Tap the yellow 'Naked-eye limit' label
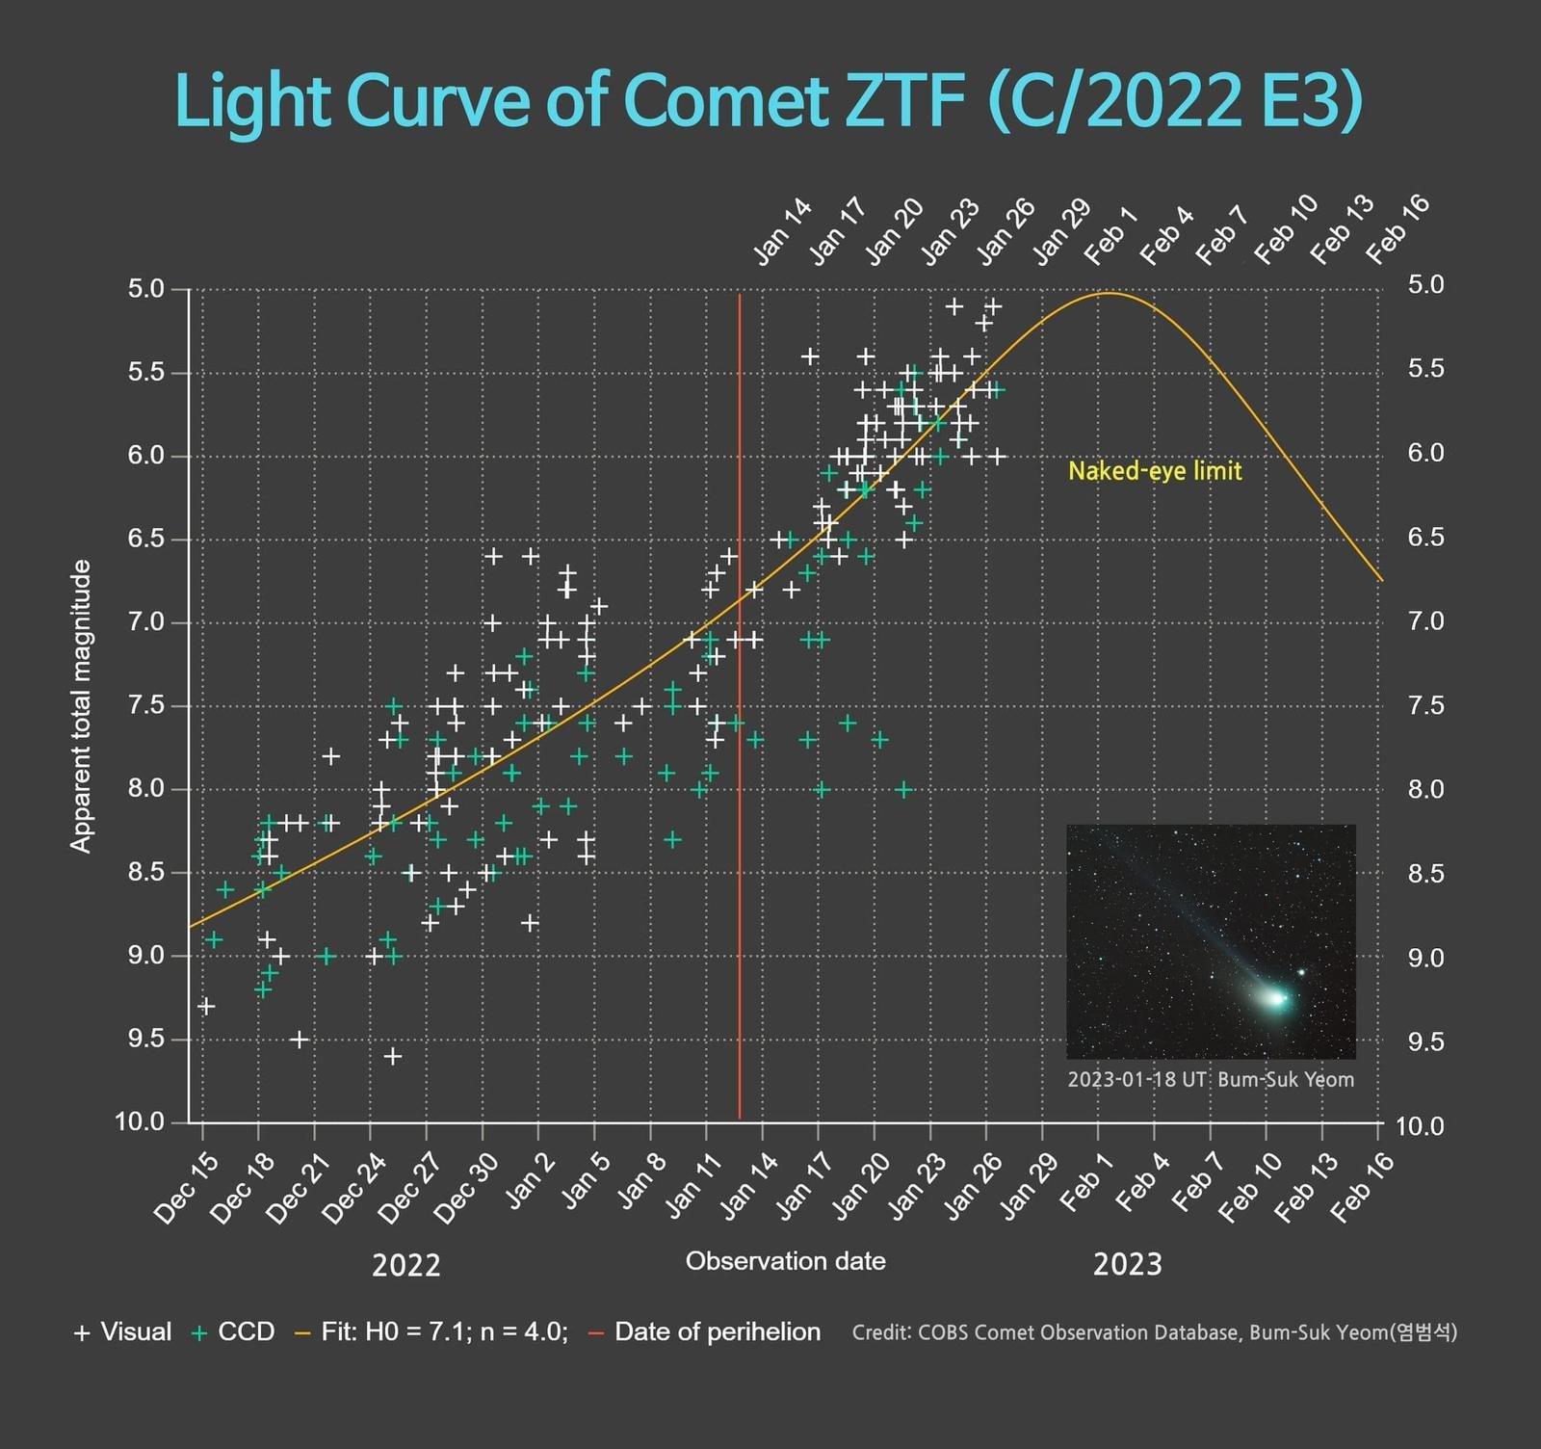point(1155,471)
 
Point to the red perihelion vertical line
point(740,706)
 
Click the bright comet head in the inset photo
point(1277,999)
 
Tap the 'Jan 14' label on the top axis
point(783,232)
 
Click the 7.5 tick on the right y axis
point(1426,706)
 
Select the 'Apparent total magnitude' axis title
point(82,706)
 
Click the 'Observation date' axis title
point(786,1261)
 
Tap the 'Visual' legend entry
point(123,1332)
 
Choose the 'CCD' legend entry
point(234,1332)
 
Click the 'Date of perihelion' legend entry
point(705,1332)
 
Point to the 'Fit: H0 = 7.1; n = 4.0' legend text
point(431,1332)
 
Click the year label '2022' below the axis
point(406,1264)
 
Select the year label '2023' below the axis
point(1128,1264)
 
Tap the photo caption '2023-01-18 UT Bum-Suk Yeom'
point(1211,1079)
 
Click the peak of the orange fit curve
point(1110,293)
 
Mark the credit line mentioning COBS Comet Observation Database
point(1155,1332)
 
